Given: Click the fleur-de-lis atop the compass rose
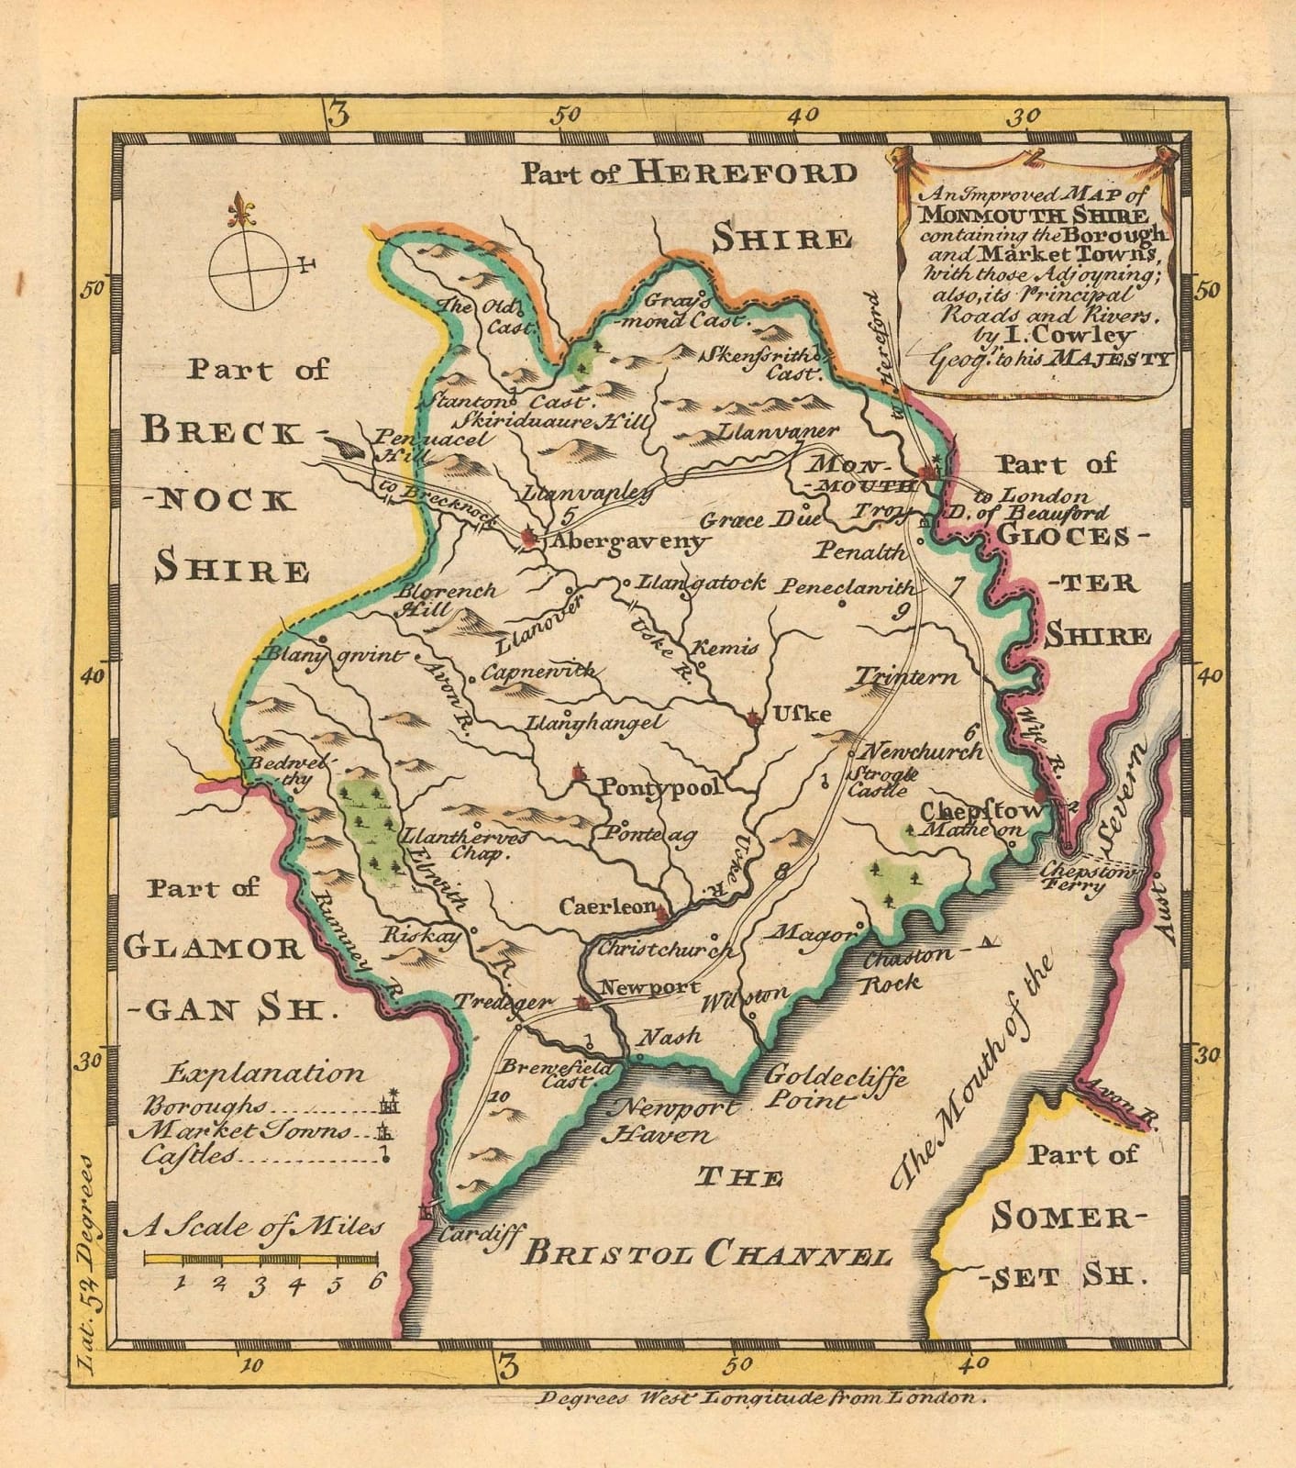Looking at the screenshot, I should (x=242, y=212).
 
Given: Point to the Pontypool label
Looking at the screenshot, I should (x=660, y=787).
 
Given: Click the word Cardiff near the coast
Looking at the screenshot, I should (x=480, y=1235).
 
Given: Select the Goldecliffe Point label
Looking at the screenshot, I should (x=835, y=1087).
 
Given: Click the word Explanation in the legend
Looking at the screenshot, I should (x=266, y=1073).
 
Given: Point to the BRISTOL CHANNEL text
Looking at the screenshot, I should (x=705, y=1254).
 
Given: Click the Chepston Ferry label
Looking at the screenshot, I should (x=1088, y=880).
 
